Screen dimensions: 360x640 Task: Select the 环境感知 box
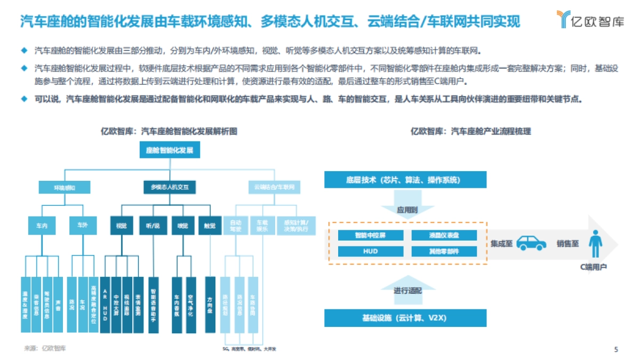coord(65,188)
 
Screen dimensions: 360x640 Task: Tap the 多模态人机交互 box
coord(170,188)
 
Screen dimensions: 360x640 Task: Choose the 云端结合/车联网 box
coord(274,188)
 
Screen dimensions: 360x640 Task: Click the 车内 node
coord(42,226)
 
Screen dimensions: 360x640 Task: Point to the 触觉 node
coord(209,226)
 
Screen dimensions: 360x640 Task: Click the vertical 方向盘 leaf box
coord(210,305)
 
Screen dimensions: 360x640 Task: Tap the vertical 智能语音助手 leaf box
coord(153,305)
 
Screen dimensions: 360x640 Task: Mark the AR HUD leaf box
coord(105,305)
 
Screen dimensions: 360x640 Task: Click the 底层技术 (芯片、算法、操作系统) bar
coord(405,180)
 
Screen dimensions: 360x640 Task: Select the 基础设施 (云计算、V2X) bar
coord(405,318)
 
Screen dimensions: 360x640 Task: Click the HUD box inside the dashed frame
coord(370,251)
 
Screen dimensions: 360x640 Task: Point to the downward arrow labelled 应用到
coord(406,205)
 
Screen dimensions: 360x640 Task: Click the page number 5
coord(617,350)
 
